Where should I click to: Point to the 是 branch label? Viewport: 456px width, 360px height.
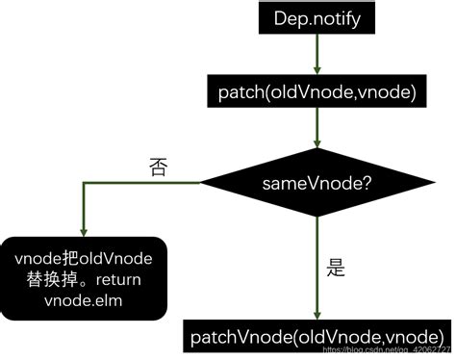337,270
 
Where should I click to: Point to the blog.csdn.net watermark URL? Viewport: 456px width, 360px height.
390,352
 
